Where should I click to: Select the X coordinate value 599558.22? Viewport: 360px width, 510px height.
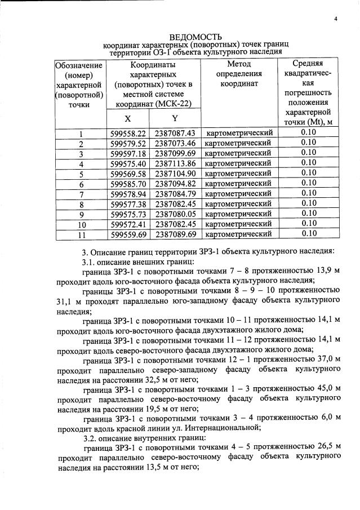click(128, 134)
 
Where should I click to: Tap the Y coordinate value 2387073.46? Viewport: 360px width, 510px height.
click(175, 143)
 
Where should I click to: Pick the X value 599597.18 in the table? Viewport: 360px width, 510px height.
click(128, 153)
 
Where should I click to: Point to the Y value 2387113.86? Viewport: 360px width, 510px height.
click(175, 163)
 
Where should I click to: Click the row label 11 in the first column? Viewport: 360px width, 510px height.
click(81, 234)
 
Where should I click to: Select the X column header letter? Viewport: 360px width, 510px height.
click(128, 119)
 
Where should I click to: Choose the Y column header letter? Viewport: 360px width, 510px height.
click(175, 118)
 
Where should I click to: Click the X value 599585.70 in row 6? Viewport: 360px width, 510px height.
click(128, 184)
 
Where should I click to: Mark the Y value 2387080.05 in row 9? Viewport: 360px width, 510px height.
click(175, 214)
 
